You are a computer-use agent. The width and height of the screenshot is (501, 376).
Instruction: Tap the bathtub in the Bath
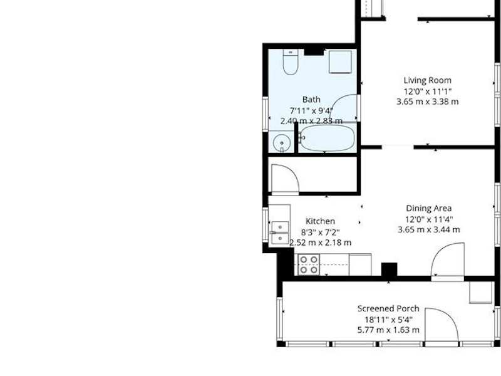(328, 138)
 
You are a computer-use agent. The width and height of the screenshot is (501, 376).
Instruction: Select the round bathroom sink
(281, 142)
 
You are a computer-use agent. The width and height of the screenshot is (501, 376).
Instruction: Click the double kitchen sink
(280, 232)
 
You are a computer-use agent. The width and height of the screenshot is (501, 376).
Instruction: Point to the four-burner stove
(309, 264)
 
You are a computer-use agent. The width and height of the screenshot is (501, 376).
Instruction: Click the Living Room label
(428, 80)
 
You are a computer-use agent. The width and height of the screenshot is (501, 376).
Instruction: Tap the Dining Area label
(429, 208)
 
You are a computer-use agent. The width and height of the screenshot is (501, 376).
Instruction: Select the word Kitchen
(320, 221)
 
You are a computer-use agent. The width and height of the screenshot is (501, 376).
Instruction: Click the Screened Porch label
(388, 308)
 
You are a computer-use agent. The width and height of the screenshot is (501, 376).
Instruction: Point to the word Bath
(311, 100)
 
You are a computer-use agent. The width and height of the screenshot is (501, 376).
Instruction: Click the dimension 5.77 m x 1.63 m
(388, 330)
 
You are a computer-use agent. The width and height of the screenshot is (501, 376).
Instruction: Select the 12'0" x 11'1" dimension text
(428, 91)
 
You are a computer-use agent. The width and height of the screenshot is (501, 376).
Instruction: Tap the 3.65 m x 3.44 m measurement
(429, 229)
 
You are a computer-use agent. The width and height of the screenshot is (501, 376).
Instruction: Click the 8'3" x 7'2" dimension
(320, 232)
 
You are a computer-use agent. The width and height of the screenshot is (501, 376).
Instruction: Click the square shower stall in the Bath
(340, 61)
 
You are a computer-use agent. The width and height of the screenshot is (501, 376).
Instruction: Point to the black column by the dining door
(389, 269)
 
